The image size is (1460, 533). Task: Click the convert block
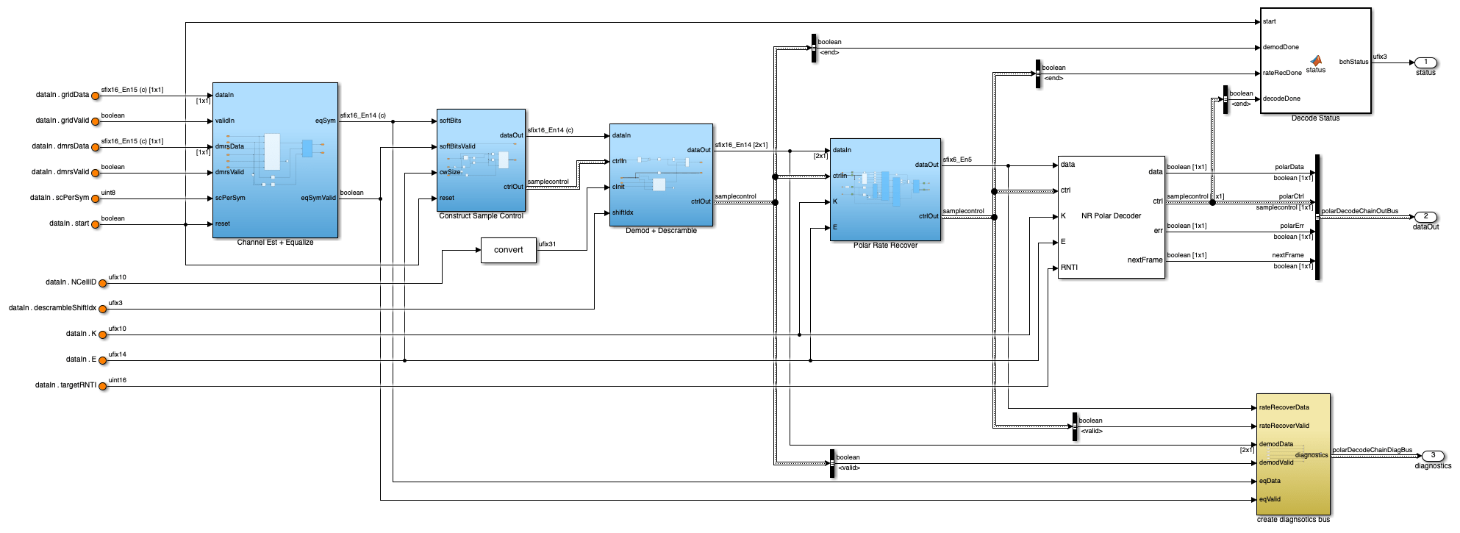point(508,250)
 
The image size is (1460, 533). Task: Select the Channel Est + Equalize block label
point(275,243)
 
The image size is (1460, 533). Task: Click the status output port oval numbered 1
point(1425,62)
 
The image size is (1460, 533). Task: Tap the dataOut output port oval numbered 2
point(1425,217)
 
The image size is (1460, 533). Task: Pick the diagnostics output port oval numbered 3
point(1433,456)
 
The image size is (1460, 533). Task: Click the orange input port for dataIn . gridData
point(96,96)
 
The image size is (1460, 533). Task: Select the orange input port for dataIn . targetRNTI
point(103,386)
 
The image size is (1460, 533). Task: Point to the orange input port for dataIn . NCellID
point(103,283)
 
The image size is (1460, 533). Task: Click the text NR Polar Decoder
point(1111,216)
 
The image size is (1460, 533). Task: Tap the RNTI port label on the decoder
point(1069,268)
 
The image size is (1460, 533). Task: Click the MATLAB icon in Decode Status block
point(1316,60)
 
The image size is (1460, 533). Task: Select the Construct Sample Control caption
point(481,216)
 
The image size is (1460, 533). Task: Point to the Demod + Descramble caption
point(661,231)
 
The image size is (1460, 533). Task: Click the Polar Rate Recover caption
point(885,246)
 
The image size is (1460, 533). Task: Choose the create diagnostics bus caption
point(1293,520)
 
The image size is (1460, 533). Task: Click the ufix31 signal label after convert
point(547,244)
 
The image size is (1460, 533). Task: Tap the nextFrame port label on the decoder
point(1145,260)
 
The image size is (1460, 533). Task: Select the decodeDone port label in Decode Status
point(1281,99)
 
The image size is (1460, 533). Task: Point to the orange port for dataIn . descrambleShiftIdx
point(103,309)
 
